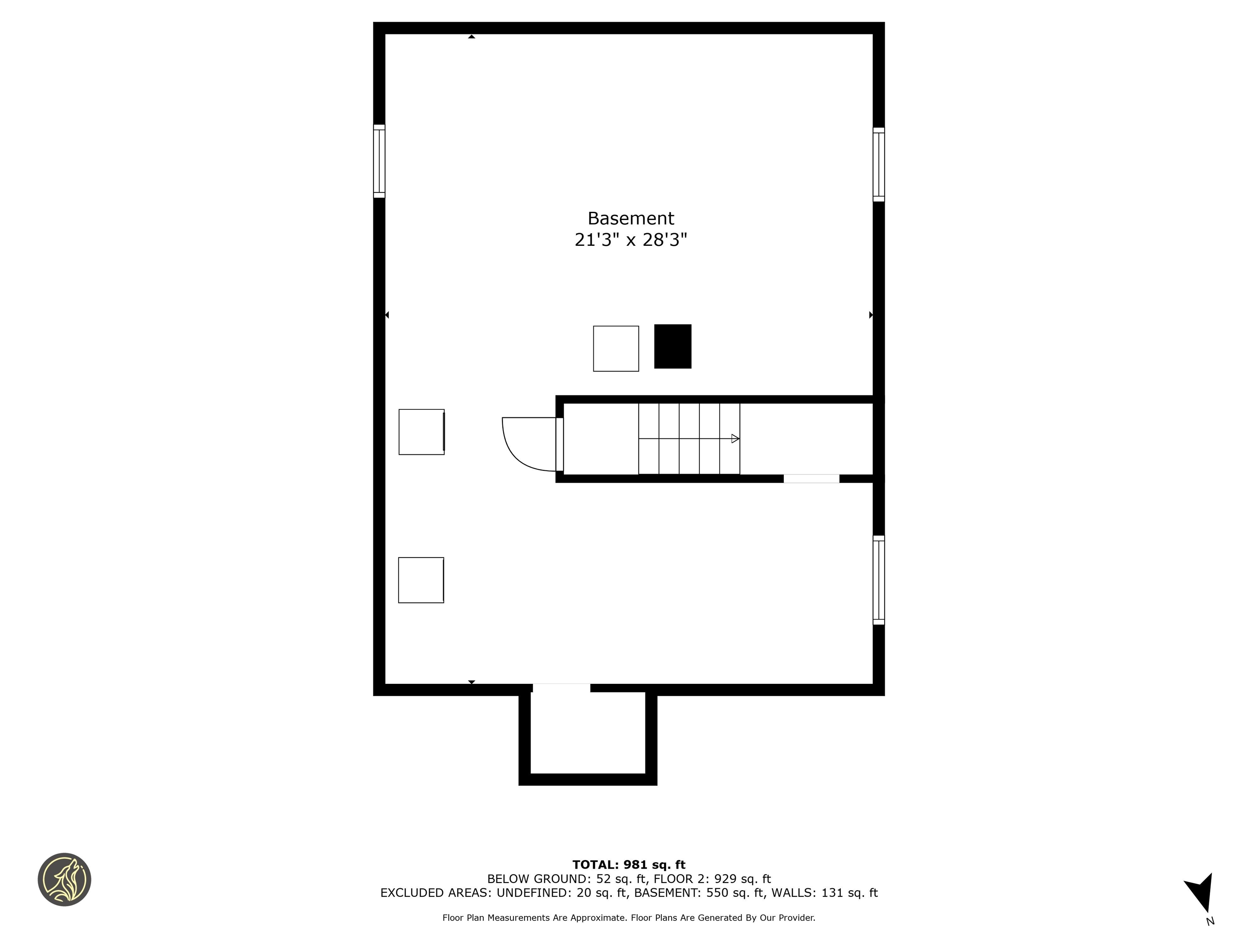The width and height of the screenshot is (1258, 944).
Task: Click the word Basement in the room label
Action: coord(630,218)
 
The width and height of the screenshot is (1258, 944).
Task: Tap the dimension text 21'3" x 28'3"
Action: coord(630,240)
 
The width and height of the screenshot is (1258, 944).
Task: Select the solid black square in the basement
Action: coord(672,347)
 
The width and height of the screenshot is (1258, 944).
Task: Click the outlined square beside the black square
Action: coord(615,348)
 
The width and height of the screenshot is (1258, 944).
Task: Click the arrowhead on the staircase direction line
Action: coord(735,439)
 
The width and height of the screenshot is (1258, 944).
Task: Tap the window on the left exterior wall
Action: coord(379,161)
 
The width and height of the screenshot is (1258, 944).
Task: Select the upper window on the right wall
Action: coord(879,164)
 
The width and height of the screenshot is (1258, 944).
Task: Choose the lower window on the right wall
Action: coord(879,580)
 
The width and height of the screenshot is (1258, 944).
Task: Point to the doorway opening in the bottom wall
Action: coord(561,688)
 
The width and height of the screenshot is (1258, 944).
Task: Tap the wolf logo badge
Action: coord(64,879)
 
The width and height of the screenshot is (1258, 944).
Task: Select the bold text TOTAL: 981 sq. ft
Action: coord(629,865)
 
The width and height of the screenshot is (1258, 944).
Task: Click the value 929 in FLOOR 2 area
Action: coord(725,878)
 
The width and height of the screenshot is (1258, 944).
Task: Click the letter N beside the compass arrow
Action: coord(1210,921)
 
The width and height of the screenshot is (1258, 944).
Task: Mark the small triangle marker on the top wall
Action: coord(471,37)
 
